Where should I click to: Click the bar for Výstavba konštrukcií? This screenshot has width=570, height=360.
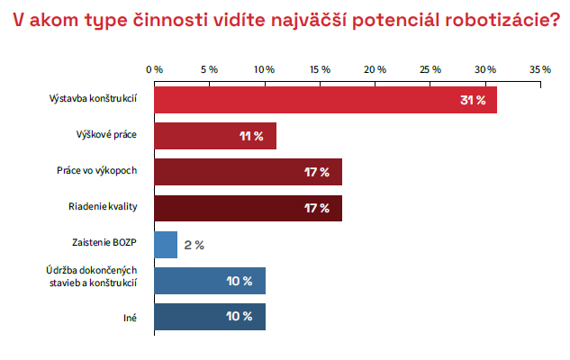pyautogui.click(x=324, y=99)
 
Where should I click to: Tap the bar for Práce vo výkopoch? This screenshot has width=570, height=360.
pyautogui.click(x=248, y=172)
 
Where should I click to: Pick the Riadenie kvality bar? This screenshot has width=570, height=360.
pyautogui.click(x=248, y=208)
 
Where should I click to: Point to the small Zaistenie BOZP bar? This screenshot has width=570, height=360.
pyautogui.click(x=166, y=244)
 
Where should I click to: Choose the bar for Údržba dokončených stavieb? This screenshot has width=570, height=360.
pyautogui.click(x=209, y=281)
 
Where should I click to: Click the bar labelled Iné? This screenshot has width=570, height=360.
pyautogui.click(x=209, y=317)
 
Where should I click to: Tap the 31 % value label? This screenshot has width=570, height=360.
pyautogui.click(x=472, y=100)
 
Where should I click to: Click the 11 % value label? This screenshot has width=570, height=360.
pyautogui.click(x=251, y=136)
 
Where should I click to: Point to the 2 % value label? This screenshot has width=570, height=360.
pyautogui.click(x=195, y=245)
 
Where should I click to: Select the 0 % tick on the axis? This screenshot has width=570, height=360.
pyautogui.click(x=155, y=69)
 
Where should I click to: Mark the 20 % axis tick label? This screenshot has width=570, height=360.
pyautogui.click(x=375, y=69)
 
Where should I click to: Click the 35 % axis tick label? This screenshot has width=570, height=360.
pyautogui.click(x=540, y=69)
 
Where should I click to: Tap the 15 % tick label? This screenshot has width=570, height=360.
pyautogui.click(x=320, y=69)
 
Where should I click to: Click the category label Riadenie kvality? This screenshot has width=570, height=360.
pyautogui.click(x=103, y=208)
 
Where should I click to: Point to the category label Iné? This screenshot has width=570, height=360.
pyautogui.click(x=130, y=317)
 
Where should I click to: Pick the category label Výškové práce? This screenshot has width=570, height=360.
pyautogui.click(x=106, y=135)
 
